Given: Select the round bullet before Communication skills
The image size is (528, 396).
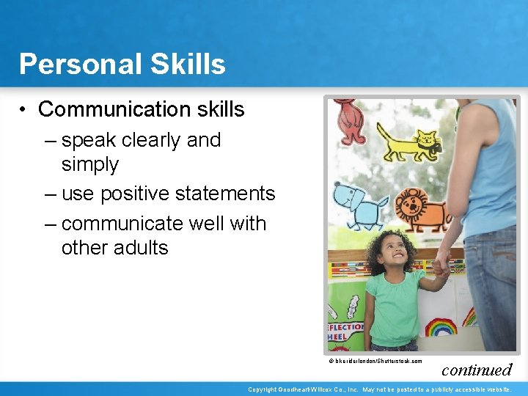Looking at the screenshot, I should point(24,110).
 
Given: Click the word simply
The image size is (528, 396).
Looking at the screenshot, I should point(89,164).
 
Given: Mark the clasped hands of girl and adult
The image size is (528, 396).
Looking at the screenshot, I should point(440,265).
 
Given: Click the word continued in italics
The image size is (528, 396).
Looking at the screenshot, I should point(477,370).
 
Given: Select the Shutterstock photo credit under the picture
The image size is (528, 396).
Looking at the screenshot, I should point(375,361).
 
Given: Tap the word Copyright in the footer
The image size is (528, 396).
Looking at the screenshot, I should point(267,389).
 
